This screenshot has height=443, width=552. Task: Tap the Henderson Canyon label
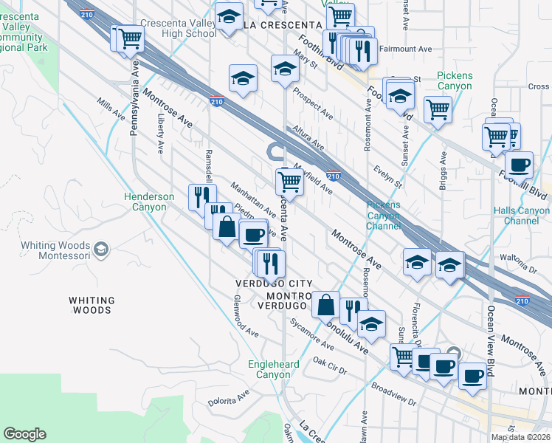[149, 202]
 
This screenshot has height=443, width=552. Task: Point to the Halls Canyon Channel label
[522, 216]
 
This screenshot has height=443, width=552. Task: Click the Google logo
[24, 434]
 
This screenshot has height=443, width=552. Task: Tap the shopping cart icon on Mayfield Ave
[289, 181]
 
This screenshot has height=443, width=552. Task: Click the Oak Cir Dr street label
[330, 363]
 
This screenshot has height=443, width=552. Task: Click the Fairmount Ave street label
[405, 49]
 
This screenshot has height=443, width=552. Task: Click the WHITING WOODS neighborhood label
[92, 305]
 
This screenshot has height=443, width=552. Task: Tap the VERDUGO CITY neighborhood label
[274, 284]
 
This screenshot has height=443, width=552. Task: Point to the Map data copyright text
[520, 437]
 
